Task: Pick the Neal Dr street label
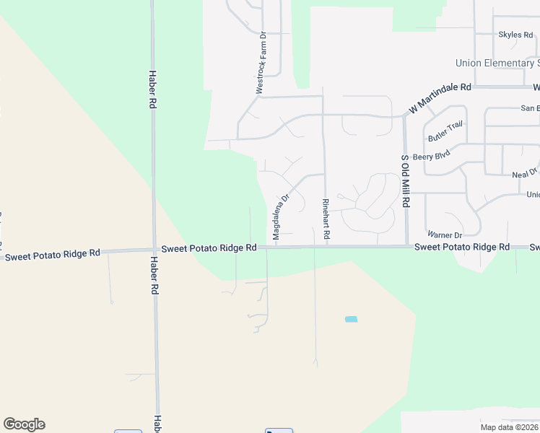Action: tap(524, 174)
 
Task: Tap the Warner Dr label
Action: tap(444, 235)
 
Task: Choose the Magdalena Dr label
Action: tap(280, 216)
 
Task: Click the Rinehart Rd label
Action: tap(326, 219)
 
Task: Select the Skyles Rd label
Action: tap(515, 35)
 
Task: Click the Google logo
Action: tap(24, 424)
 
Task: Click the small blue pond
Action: tap(352, 319)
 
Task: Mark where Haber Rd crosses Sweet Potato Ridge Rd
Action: tap(154, 250)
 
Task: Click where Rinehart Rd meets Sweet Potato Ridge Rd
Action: tap(327, 247)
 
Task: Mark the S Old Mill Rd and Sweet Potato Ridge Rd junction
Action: tap(407, 247)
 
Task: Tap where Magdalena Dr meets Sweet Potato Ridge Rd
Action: tap(275, 247)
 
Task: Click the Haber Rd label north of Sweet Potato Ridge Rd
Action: tap(152, 89)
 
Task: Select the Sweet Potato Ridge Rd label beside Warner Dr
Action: tap(462, 247)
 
